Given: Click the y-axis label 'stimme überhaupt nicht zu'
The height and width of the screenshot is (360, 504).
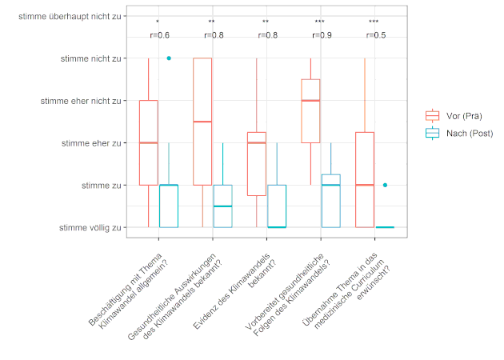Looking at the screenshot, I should tap(73, 15).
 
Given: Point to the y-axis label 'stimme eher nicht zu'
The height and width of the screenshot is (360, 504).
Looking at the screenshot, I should tap(81, 101).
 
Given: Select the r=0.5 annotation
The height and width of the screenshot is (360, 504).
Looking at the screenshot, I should tap(374, 36).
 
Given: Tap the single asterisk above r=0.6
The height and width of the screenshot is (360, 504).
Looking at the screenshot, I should tap(158, 22).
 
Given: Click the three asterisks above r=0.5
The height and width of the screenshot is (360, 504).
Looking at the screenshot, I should tap(374, 22).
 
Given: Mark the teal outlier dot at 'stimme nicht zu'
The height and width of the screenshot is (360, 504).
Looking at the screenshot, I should tap(169, 58).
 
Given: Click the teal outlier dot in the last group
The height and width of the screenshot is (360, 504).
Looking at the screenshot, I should tap(385, 186).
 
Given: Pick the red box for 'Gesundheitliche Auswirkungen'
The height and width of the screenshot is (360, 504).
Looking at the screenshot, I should tap(202, 122).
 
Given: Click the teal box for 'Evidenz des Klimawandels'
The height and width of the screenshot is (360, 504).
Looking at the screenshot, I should tap(277, 206).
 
